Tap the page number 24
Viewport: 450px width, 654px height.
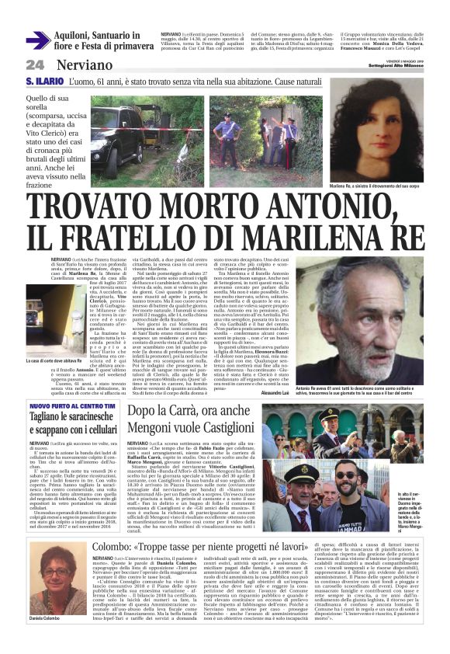pos(35,65)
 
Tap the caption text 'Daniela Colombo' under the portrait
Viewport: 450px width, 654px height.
pos(47,640)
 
